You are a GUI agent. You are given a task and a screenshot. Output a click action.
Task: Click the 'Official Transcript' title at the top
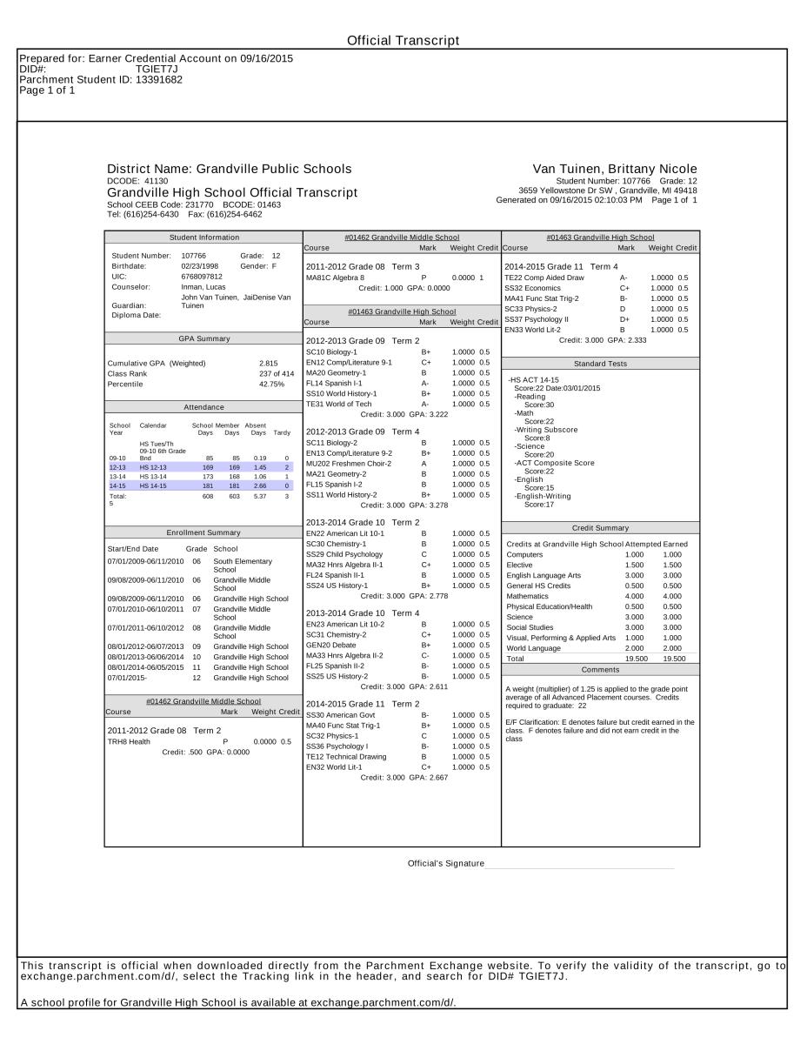click(x=403, y=41)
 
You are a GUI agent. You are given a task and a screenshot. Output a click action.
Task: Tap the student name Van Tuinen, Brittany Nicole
click(x=615, y=169)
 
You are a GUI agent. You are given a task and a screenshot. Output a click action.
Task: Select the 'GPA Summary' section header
click(x=203, y=338)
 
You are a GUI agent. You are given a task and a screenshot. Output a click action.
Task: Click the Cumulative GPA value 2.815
click(x=268, y=363)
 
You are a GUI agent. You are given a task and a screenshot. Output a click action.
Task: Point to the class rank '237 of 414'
click(x=277, y=373)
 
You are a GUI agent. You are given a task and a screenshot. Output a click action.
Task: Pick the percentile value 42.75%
click(x=271, y=384)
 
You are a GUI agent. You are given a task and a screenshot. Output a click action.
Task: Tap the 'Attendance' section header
click(x=203, y=407)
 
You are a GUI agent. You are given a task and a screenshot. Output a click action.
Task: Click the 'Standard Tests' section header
click(x=600, y=364)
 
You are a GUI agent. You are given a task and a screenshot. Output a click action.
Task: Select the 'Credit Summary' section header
click(x=600, y=528)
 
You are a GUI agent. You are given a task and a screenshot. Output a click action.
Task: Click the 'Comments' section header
click(x=600, y=669)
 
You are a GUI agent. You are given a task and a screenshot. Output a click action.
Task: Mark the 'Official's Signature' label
click(x=445, y=863)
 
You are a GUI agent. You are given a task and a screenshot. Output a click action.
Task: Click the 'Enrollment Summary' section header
click(x=203, y=532)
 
